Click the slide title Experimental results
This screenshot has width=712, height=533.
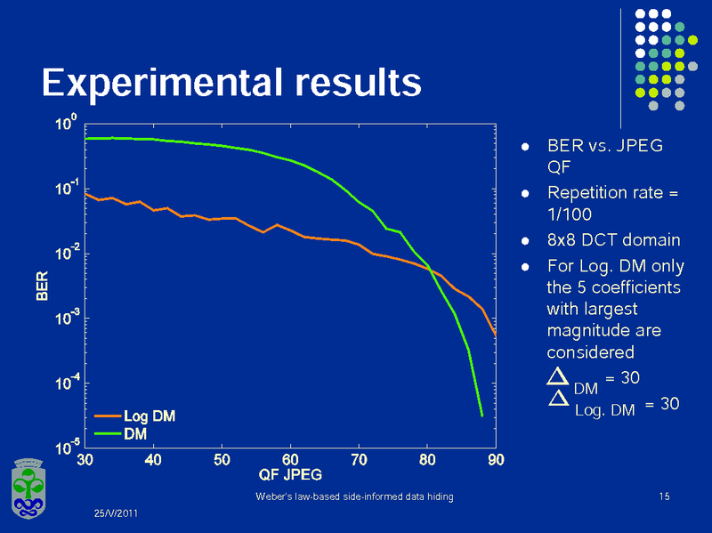(231, 82)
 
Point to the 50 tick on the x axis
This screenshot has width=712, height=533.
(222, 459)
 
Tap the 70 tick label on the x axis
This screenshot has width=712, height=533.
(359, 459)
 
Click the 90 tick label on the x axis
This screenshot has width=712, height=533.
(496, 459)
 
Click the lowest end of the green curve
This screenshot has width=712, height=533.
(481, 416)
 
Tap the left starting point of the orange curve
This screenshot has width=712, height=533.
(86, 192)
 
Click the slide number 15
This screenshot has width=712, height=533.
(664, 497)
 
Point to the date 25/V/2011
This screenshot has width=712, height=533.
(117, 514)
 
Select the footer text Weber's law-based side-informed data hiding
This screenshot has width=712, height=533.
(354, 497)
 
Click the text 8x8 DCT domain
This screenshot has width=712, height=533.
(613, 240)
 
